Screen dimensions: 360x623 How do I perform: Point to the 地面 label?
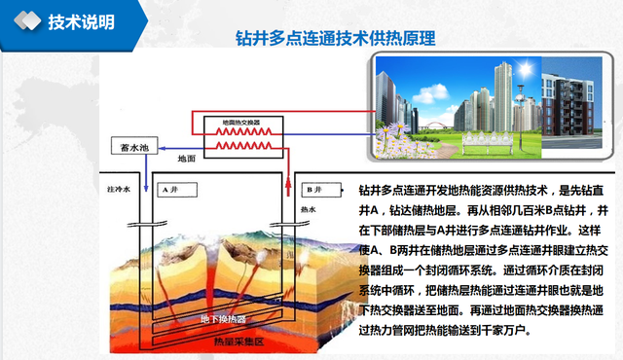[x=185, y=157]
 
